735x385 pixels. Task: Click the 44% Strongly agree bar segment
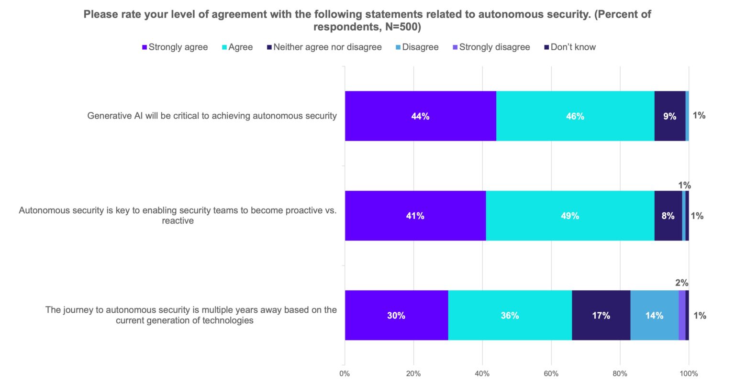click(420, 116)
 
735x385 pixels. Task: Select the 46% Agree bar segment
click(575, 116)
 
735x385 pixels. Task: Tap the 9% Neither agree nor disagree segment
click(669, 116)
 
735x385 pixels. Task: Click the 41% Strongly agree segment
click(415, 216)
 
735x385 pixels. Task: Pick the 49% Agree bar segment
click(569, 216)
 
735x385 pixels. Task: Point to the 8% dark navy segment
click(668, 216)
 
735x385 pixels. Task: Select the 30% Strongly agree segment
click(396, 315)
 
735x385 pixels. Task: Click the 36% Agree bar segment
click(510, 315)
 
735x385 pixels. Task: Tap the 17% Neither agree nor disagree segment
click(601, 315)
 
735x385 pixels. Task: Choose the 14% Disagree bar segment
click(654, 315)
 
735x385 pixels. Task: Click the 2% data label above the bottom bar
click(681, 283)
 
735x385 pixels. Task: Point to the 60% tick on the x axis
click(551, 374)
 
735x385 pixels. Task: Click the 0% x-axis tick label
click(345, 374)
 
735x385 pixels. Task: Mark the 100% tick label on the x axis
click(689, 374)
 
